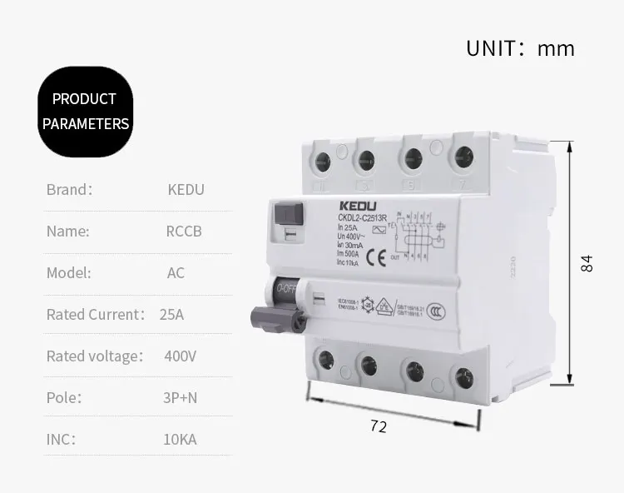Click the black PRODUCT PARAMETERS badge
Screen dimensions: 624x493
tap(86, 112)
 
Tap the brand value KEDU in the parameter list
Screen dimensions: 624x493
tap(186, 189)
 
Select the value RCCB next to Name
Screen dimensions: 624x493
tap(184, 231)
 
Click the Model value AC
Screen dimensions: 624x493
tap(176, 272)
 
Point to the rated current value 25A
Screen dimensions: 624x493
tap(171, 314)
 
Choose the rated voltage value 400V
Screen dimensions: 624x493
tap(180, 356)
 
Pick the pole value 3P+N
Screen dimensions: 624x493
tap(180, 397)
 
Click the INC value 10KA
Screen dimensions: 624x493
tap(180, 439)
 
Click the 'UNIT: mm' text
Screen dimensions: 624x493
tap(519, 48)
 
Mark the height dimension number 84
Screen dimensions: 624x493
tap(587, 264)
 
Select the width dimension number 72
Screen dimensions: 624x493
tap(379, 426)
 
